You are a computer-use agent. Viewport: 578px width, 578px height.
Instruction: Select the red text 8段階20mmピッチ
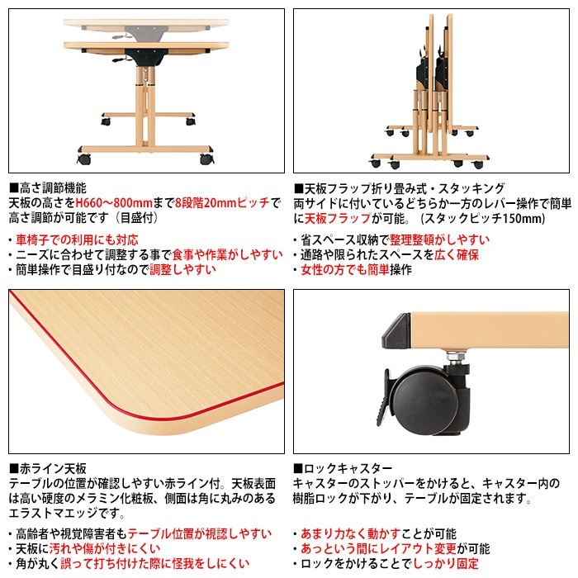tap(222, 202)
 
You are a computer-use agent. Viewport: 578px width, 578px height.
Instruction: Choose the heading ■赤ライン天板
tap(47, 467)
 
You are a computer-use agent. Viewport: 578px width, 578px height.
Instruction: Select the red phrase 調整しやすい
tap(183, 270)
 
